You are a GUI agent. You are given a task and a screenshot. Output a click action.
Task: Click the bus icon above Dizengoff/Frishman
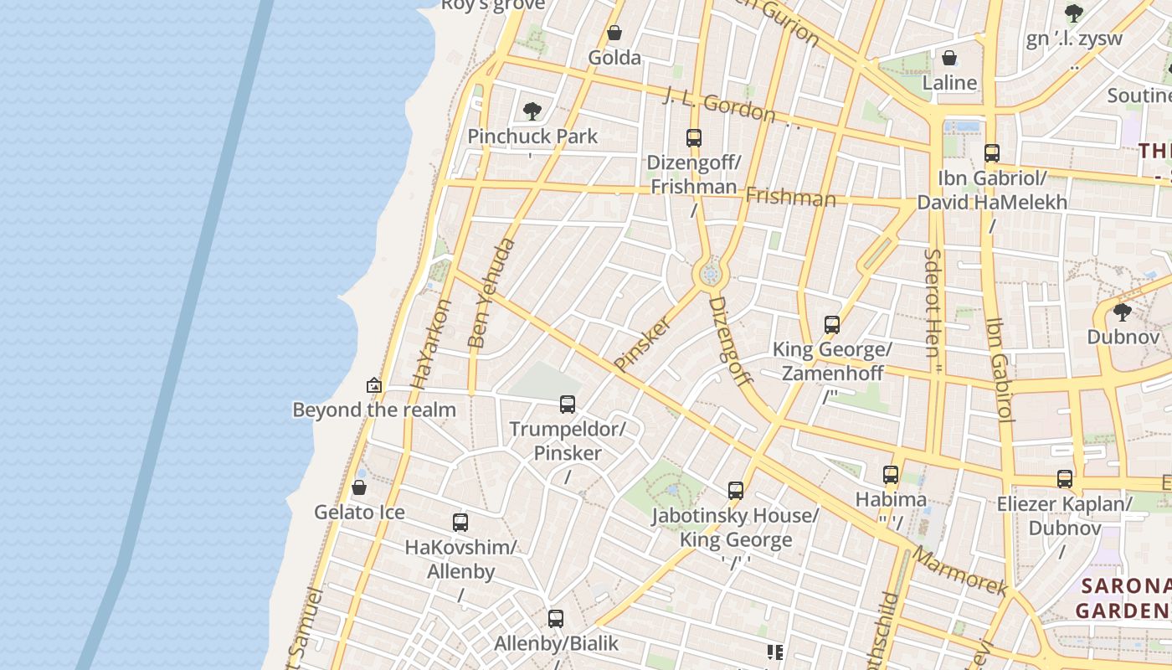(x=693, y=138)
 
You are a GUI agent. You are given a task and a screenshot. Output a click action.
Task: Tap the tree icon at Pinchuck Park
(x=532, y=111)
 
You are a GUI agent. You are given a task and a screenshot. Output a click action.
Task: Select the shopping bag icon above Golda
(x=614, y=33)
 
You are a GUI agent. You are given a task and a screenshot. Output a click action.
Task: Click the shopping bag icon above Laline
(x=949, y=58)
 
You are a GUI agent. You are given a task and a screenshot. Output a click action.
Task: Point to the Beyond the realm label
(x=373, y=410)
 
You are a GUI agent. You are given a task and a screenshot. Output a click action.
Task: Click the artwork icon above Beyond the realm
(x=374, y=385)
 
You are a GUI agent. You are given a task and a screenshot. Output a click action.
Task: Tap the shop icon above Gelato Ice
(x=359, y=487)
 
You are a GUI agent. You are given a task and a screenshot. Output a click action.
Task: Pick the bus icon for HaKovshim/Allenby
(x=460, y=523)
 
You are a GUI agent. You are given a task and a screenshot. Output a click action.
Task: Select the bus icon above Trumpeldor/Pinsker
(x=568, y=405)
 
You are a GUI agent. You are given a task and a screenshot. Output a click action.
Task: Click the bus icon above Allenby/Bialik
(x=556, y=619)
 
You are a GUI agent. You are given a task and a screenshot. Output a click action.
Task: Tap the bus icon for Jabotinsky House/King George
(x=736, y=491)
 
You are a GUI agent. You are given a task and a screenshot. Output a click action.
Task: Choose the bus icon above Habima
(x=891, y=475)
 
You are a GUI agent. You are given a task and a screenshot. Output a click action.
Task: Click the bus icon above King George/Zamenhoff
(x=832, y=325)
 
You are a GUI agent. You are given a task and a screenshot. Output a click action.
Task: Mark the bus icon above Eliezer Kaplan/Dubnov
(x=1064, y=479)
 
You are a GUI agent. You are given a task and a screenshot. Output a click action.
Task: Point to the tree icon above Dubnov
(x=1123, y=312)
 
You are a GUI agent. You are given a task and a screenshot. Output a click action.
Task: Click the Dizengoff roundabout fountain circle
(x=711, y=274)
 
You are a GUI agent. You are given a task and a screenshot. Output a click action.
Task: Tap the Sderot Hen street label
(x=933, y=301)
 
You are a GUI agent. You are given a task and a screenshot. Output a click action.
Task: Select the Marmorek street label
(x=959, y=570)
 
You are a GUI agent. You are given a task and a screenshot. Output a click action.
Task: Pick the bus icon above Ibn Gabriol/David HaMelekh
(x=992, y=153)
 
